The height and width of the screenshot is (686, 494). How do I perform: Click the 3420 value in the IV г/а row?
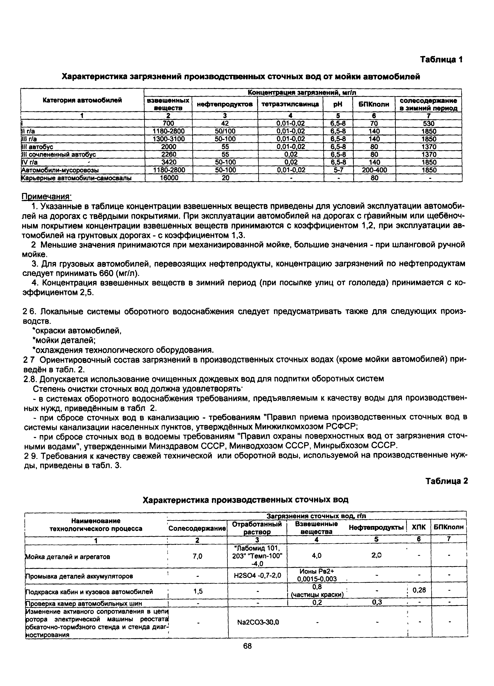169,162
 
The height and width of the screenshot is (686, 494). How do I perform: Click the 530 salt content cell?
429,123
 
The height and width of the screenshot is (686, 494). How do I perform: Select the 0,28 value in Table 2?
419,590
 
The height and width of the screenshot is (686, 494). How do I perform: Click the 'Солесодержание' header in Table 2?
197,528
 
